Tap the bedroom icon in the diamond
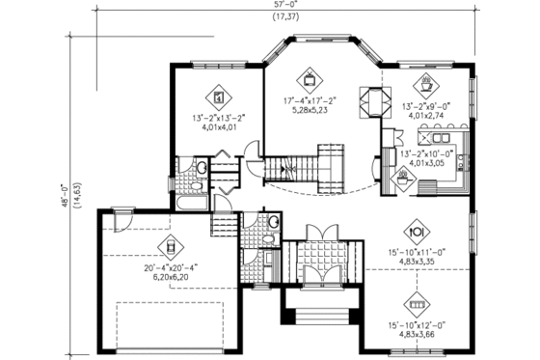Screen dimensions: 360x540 click(219, 97)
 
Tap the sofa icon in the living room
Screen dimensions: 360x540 click(418, 300)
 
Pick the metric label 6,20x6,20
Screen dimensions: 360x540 click(170, 276)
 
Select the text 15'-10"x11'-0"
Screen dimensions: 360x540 click(418, 252)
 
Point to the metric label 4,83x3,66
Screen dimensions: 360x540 click(418, 335)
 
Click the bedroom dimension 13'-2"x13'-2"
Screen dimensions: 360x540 click(218, 119)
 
